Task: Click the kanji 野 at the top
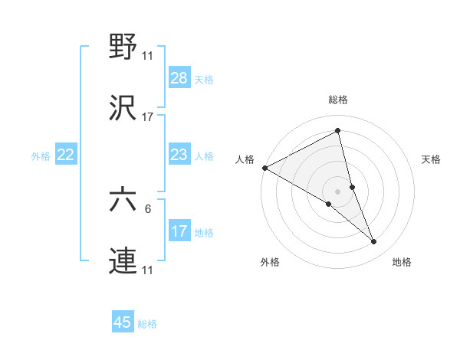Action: pyautogui.click(x=123, y=47)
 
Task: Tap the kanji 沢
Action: pyautogui.click(x=123, y=108)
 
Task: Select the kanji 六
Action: pyautogui.click(x=123, y=201)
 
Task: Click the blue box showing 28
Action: pyautogui.click(x=179, y=78)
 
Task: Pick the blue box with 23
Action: pyautogui.click(x=179, y=155)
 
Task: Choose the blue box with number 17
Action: pyautogui.click(x=179, y=232)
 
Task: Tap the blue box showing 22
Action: pyautogui.click(x=66, y=155)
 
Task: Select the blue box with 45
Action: pyautogui.click(x=123, y=322)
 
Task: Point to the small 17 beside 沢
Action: pyautogui.click(x=148, y=116)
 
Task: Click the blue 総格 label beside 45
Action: pyautogui.click(x=147, y=324)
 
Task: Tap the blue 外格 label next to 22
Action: pyautogui.click(x=41, y=156)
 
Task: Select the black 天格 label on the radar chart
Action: pyautogui.click(x=431, y=159)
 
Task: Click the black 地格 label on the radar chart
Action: pyautogui.click(x=402, y=262)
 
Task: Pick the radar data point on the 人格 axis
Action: pyautogui.click(x=264, y=168)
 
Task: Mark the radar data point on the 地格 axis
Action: pyautogui.click(x=374, y=242)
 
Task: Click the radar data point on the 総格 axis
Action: pyautogui.click(x=338, y=130)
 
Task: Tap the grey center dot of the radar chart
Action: pyautogui.click(x=338, y=191)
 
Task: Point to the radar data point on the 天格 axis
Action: pyautogui.click(x=353, y=186)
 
